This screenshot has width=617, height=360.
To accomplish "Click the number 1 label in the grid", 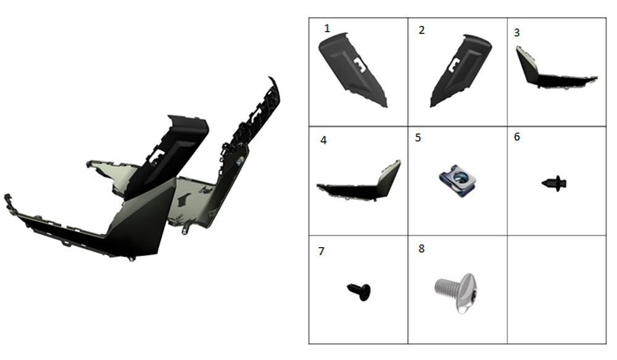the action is click(326, 28).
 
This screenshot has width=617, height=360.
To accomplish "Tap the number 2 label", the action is click(421, 30).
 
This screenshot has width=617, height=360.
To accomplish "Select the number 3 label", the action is click(516, 33).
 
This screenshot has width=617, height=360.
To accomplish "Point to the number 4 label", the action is click(323, 140).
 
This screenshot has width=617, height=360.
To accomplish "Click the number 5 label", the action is click(418, 138).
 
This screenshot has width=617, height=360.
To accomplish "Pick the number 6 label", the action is click(516, 136).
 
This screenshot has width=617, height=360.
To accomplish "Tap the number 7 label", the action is click(321, 251).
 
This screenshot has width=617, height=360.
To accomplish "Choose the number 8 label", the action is click(421, 249).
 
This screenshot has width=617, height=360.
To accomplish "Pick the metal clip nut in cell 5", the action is click(458, 181).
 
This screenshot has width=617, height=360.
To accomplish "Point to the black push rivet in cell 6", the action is click(555, 183).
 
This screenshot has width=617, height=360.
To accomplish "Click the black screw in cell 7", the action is click(360, 291).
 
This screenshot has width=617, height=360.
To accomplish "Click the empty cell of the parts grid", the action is click(557, 290).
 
